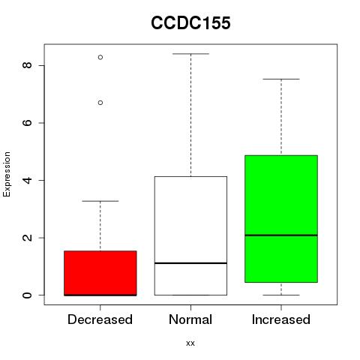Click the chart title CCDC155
[x=190, y=23]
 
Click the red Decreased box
[x=100, y=273]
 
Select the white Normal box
[x=190, y=235]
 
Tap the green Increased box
[x=281, y=219]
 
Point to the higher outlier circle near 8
[x=100, y=57]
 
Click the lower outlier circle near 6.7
[x=100, y=103]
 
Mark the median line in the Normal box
[x=190, y=263]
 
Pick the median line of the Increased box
[x=281, y=235]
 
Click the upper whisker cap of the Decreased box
[x=100, y=201]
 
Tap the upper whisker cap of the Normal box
[x=190, y=54]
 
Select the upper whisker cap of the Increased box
[x=281, y=79]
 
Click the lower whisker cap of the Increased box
[x=281, y=295]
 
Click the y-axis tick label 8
[x=27, y=65]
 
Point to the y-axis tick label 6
[x=27, y=123]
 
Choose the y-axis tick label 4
[x=27, y=180]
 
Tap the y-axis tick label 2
[x=27, y=238]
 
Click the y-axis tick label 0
[x=27, y=295]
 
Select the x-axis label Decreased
[x=100, y=319]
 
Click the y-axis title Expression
[x=7, y=174]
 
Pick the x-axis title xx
[x=190, y=343]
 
